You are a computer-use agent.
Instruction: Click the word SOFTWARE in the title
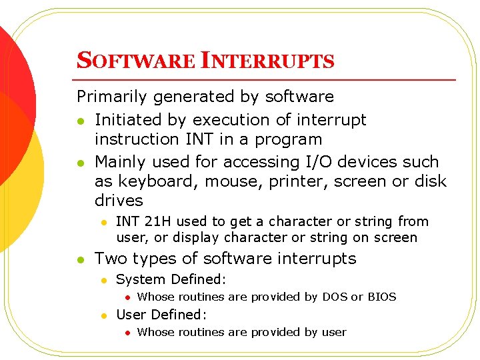(x=136, y=61)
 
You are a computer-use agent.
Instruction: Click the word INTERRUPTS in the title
(x=267, y=61)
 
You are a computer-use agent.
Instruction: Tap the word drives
(x=119, y=201)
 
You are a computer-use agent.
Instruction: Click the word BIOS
(x=382, y=297)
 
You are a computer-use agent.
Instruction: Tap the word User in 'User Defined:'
(x=131, y=315)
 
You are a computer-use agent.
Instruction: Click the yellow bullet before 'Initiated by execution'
(x=81, y=121)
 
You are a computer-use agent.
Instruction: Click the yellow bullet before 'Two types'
(x=81, y=259)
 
